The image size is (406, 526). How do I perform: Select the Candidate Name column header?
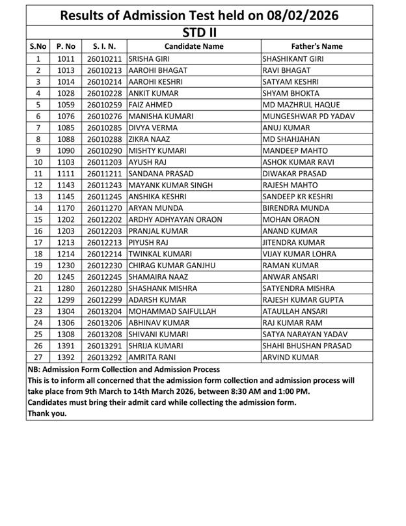click(x=194, y=46)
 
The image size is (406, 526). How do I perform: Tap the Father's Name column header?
click(x=317, y=46)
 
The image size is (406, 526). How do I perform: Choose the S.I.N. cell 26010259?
click(x=104, y=104)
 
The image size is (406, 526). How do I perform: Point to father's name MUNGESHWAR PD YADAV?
click(x=305, y=116)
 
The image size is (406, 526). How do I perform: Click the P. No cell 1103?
click(x=66, y=161)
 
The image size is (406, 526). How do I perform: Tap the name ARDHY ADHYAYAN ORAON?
click(x=175, y=219)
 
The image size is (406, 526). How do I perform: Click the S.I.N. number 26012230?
click(x=104, y=266)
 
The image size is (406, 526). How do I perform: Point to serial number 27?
click(x=38, y=357)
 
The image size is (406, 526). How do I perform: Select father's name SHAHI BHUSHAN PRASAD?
click(x=307, y=346)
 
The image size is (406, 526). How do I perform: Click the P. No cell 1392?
click(x=66, y=357)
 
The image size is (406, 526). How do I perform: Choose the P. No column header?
click(x=66, y=46)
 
